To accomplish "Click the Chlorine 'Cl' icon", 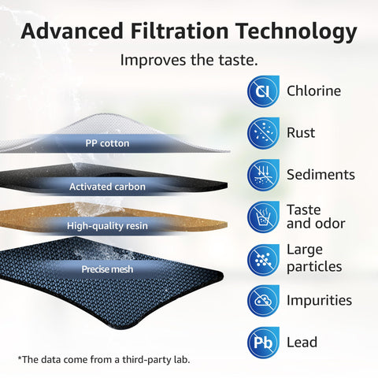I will pyautogui.click(x=263, y=91).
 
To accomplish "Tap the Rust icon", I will pyautogui.click(x=263, y=133).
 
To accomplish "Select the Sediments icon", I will pyautogui.click(x=263, y=175).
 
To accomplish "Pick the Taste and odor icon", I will pyautogui.click(x=263, y=217).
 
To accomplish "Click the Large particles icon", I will pyautogui.click(x=263, y=258).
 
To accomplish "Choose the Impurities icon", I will pyautogui.click(x=263, y=300).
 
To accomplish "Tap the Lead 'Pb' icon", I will pyautogui.click(x=263, y=342).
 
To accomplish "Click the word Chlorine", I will pyautogui.click(x=313, y=91).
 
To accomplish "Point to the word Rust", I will pyautogui.click(x=301, y=133).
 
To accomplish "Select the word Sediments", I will pyautogui.click(x=321, y=175).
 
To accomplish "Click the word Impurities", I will pyautogui.click(x=319, y=300).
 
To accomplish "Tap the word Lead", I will pyautogui.click(x=302, y=342).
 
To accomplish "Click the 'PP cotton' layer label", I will pyautogui.click(x=107, y=143).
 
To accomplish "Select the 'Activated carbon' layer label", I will pyautogui.click(x=107, y=187).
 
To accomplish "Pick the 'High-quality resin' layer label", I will pyautogui.click(x=107, y=226).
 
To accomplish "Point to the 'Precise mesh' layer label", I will pyautogui.click(x=107, y=269).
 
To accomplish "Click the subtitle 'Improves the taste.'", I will pyautogui.click(x=189, y=60).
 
